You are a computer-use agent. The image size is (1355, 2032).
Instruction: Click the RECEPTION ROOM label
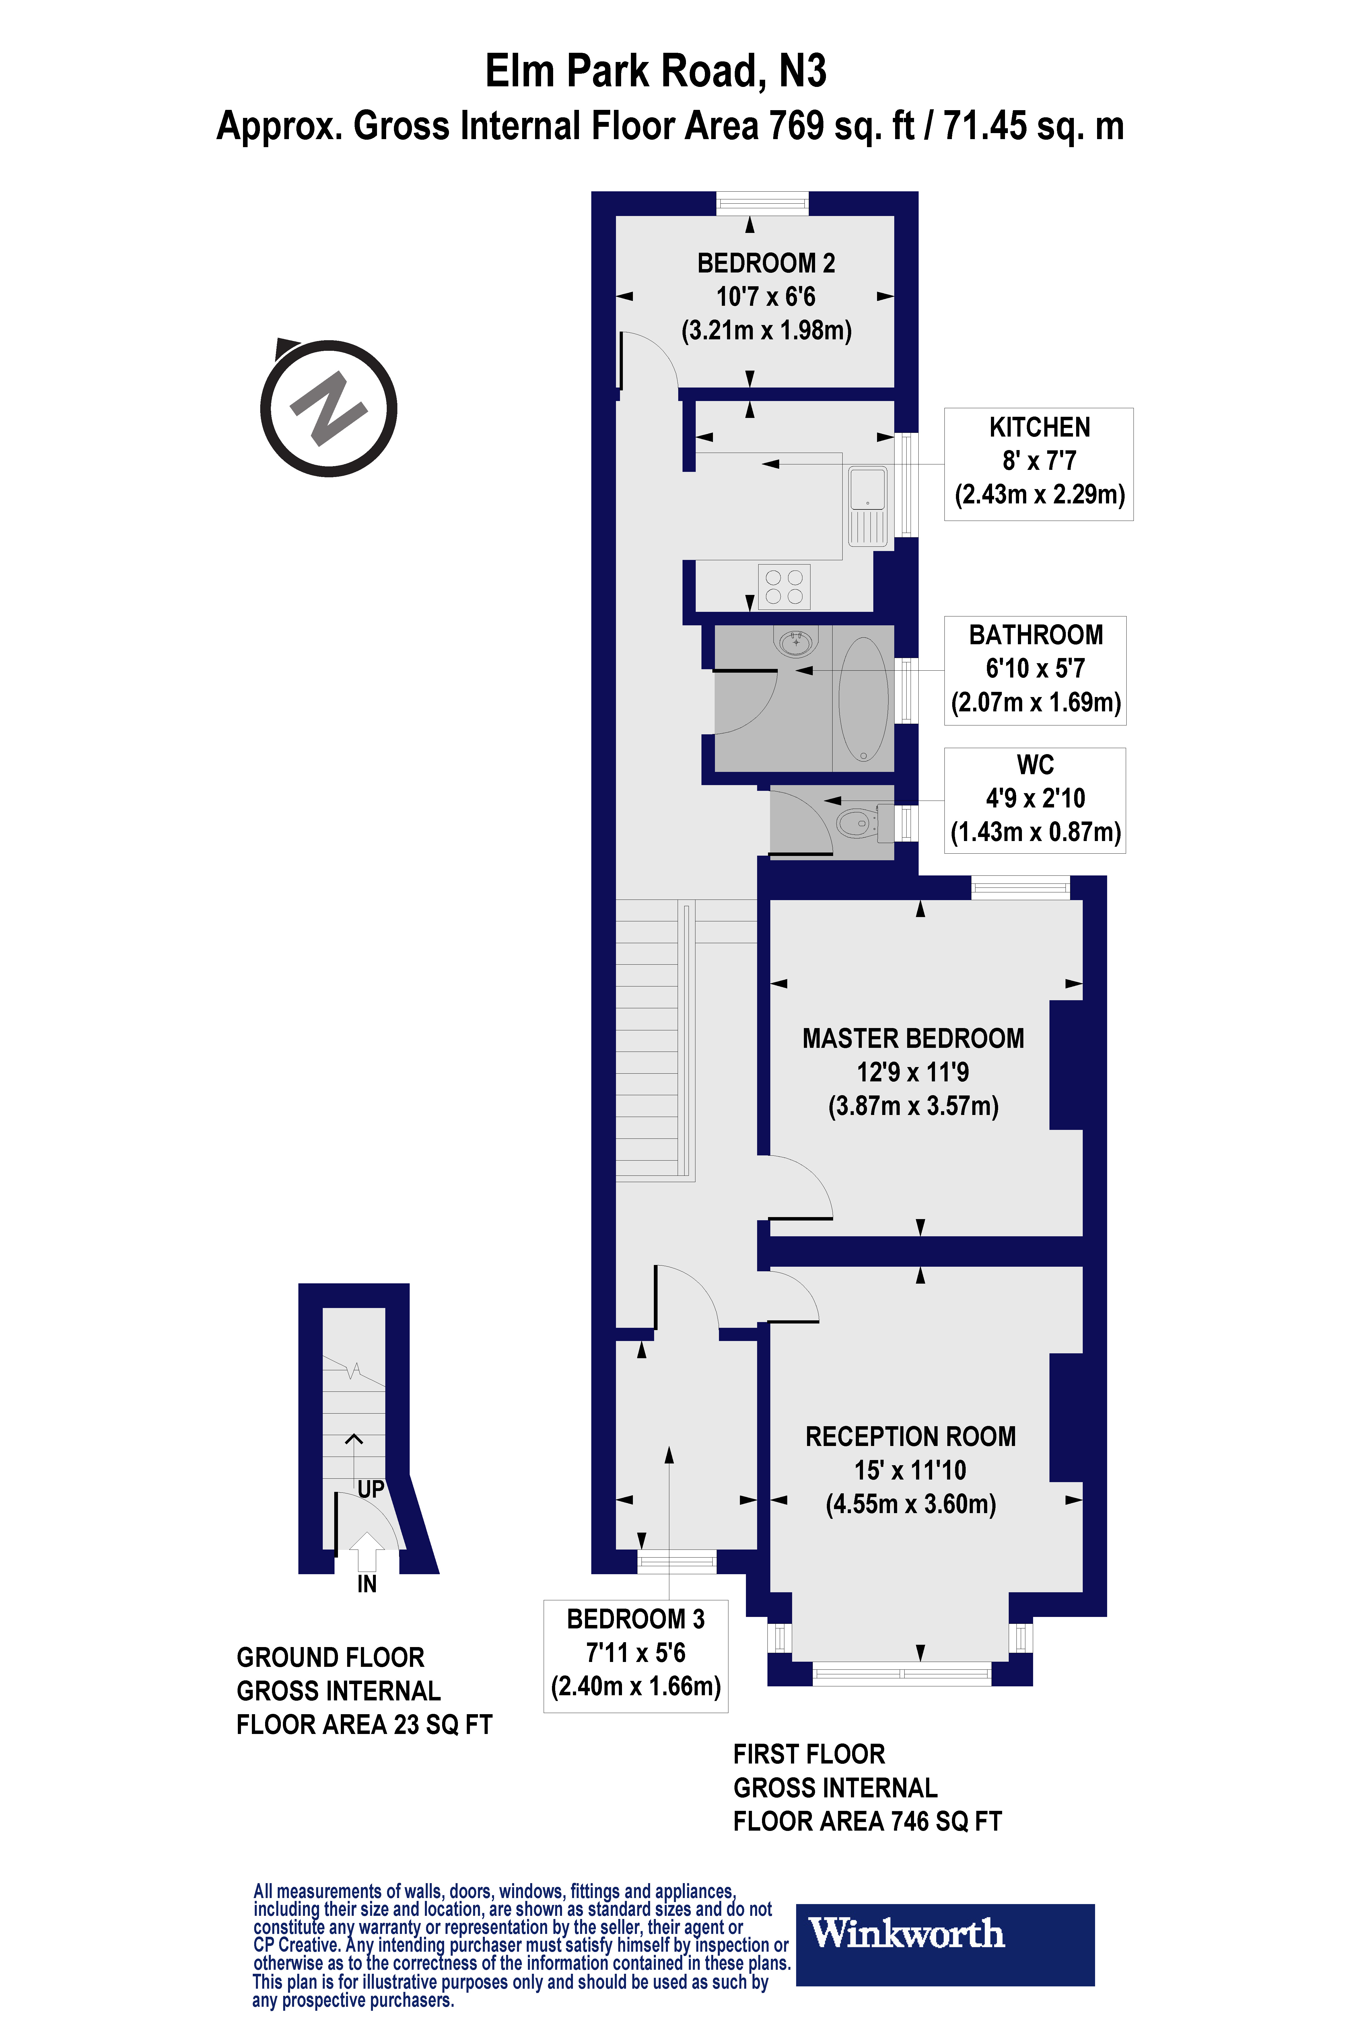click(x=910, y=1436)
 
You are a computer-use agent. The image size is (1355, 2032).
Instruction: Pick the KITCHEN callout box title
click(x=1039, y=428)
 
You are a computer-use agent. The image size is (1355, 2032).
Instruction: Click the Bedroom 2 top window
click(x=762, y=204)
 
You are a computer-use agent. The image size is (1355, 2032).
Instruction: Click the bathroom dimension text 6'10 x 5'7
click(x=1035, y=668)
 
